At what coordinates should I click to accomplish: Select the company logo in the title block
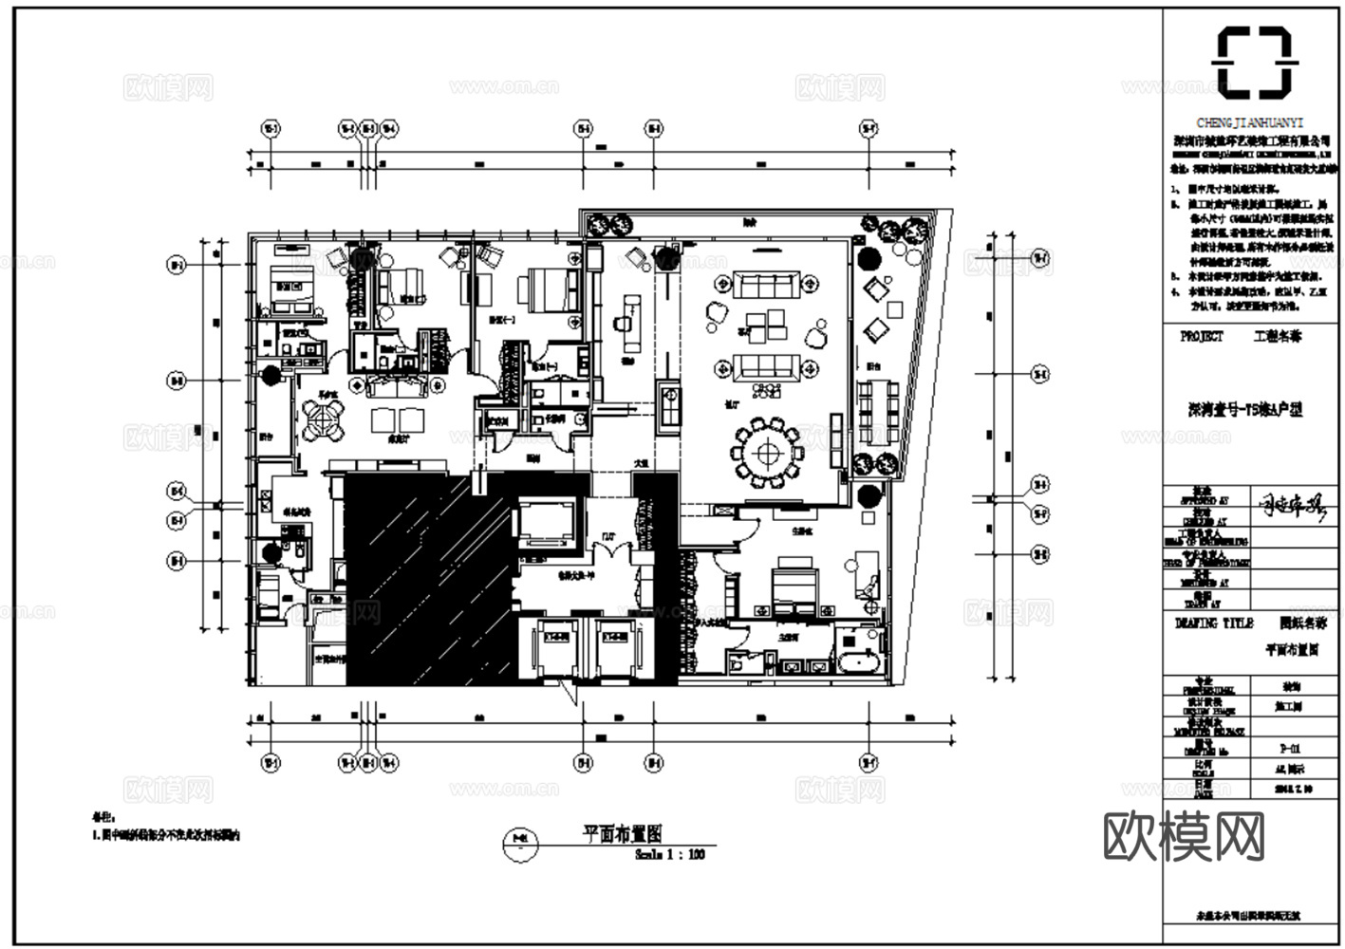[1253, 63]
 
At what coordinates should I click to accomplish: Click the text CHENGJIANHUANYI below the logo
[1250, 123]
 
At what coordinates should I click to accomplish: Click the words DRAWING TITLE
[1213, 623]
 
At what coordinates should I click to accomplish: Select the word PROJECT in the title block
[1202, 336]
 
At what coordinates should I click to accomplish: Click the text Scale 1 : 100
[670, 854]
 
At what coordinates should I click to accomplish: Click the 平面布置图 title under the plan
[622, 833]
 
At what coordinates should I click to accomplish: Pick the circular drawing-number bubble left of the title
[518, 840]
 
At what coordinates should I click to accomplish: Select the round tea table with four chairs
[325, 419]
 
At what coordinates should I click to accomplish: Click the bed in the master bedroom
[794, 584]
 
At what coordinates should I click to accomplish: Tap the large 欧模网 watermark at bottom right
[1185, 836]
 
